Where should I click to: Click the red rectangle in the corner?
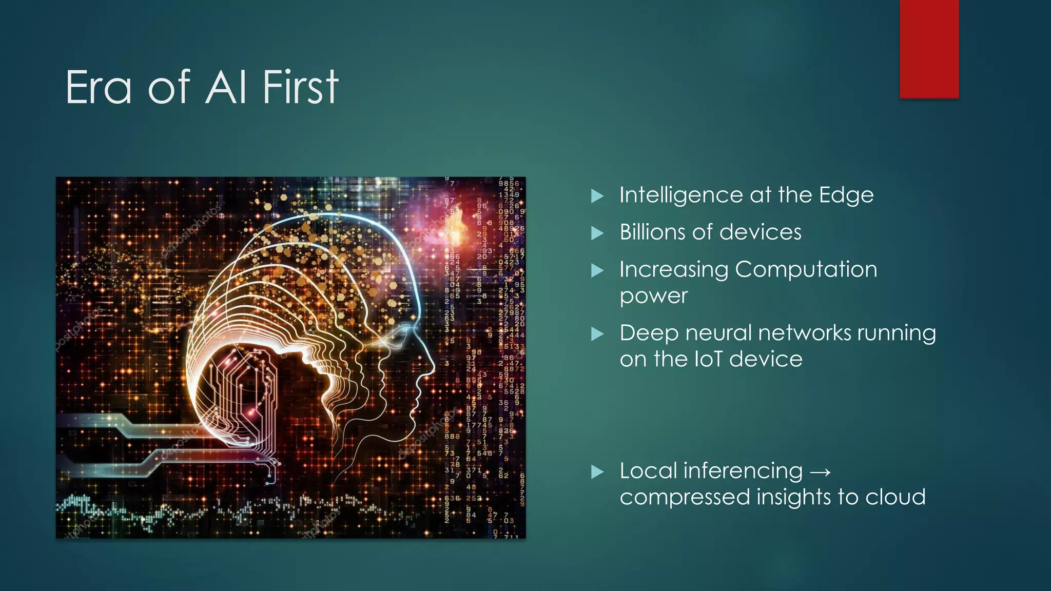pyautogui.click(x=929, y=49)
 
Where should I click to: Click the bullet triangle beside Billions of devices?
pyautogui.click(x=597, y=233)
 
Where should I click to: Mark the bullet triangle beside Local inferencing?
pyautogui.click(x=597, y=472)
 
